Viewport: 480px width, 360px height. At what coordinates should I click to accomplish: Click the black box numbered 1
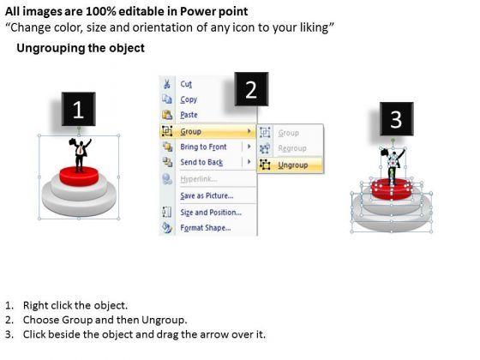tap(78, 109)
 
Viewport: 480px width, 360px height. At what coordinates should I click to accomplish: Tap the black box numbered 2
tap(251, 89)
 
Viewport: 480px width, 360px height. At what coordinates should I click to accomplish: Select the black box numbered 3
tap(396, 119)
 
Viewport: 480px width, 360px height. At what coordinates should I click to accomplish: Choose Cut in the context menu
tap(186, 84)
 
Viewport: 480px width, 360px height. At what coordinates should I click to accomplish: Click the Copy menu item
tap(189, 99)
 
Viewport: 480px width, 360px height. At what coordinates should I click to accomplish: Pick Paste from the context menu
tap(189, 115)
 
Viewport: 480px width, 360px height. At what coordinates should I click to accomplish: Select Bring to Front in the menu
tap(204, 147)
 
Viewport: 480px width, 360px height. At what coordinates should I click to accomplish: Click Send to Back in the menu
tap(201, 162)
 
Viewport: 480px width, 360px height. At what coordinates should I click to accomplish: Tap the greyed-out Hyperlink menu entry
tap(198, 179)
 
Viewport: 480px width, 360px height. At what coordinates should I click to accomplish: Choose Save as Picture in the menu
tap(207, 195)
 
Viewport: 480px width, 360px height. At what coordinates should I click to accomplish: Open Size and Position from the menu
tap(211, 213)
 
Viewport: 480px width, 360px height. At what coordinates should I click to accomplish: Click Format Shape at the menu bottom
tap(206, 228)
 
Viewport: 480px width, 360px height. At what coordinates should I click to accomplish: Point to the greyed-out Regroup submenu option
tap(292, 148)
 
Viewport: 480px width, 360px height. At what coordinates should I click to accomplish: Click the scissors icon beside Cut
tap(167, 84)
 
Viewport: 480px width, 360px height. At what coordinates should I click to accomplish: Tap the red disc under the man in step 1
tap(79, 176)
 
